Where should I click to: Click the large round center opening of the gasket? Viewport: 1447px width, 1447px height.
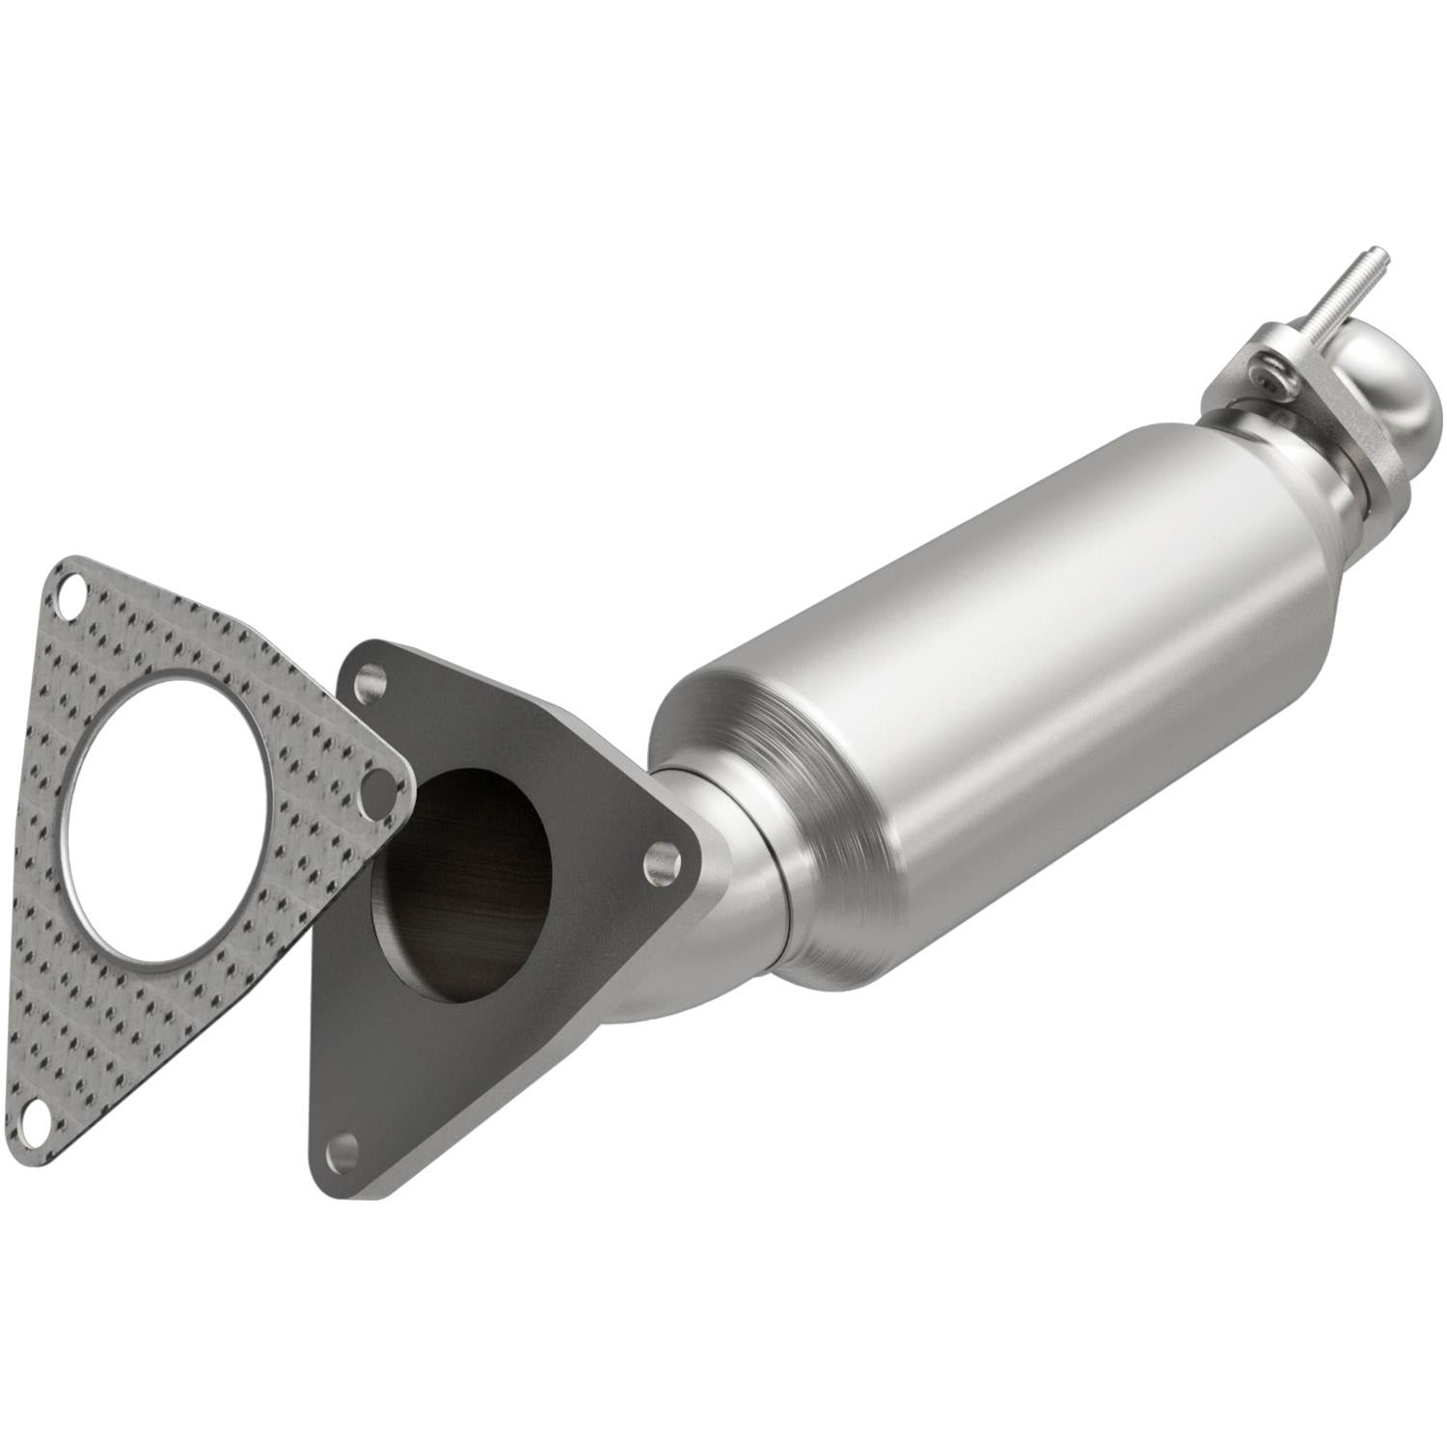(x=164, y=820)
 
